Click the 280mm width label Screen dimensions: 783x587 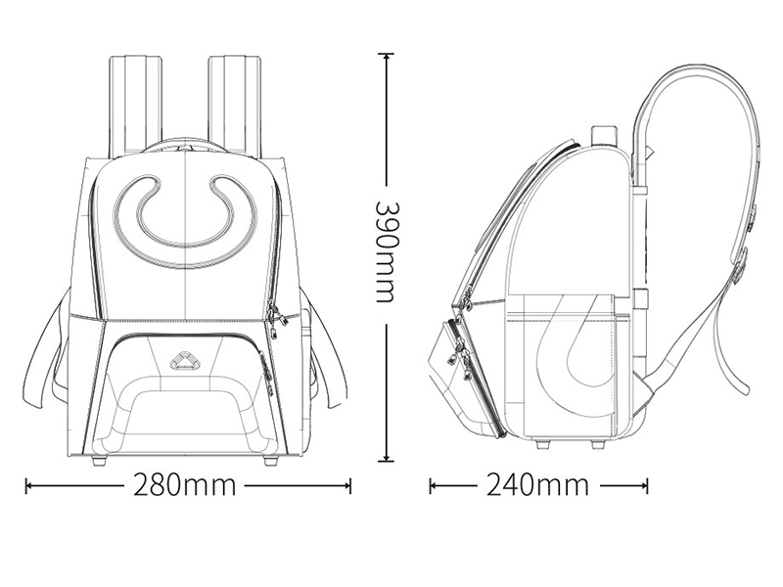point(184,484)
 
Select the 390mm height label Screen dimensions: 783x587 point(386,252)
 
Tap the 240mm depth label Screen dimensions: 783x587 point(537,484)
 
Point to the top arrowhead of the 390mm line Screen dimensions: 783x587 point(386,56)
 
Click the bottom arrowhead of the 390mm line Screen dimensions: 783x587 point(386,459)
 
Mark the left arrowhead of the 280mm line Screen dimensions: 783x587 point(28,484)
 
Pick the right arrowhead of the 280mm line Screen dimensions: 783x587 point(348,484)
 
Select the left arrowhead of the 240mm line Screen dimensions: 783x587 point(433,484)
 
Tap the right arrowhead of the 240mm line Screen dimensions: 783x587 point(645,484)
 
